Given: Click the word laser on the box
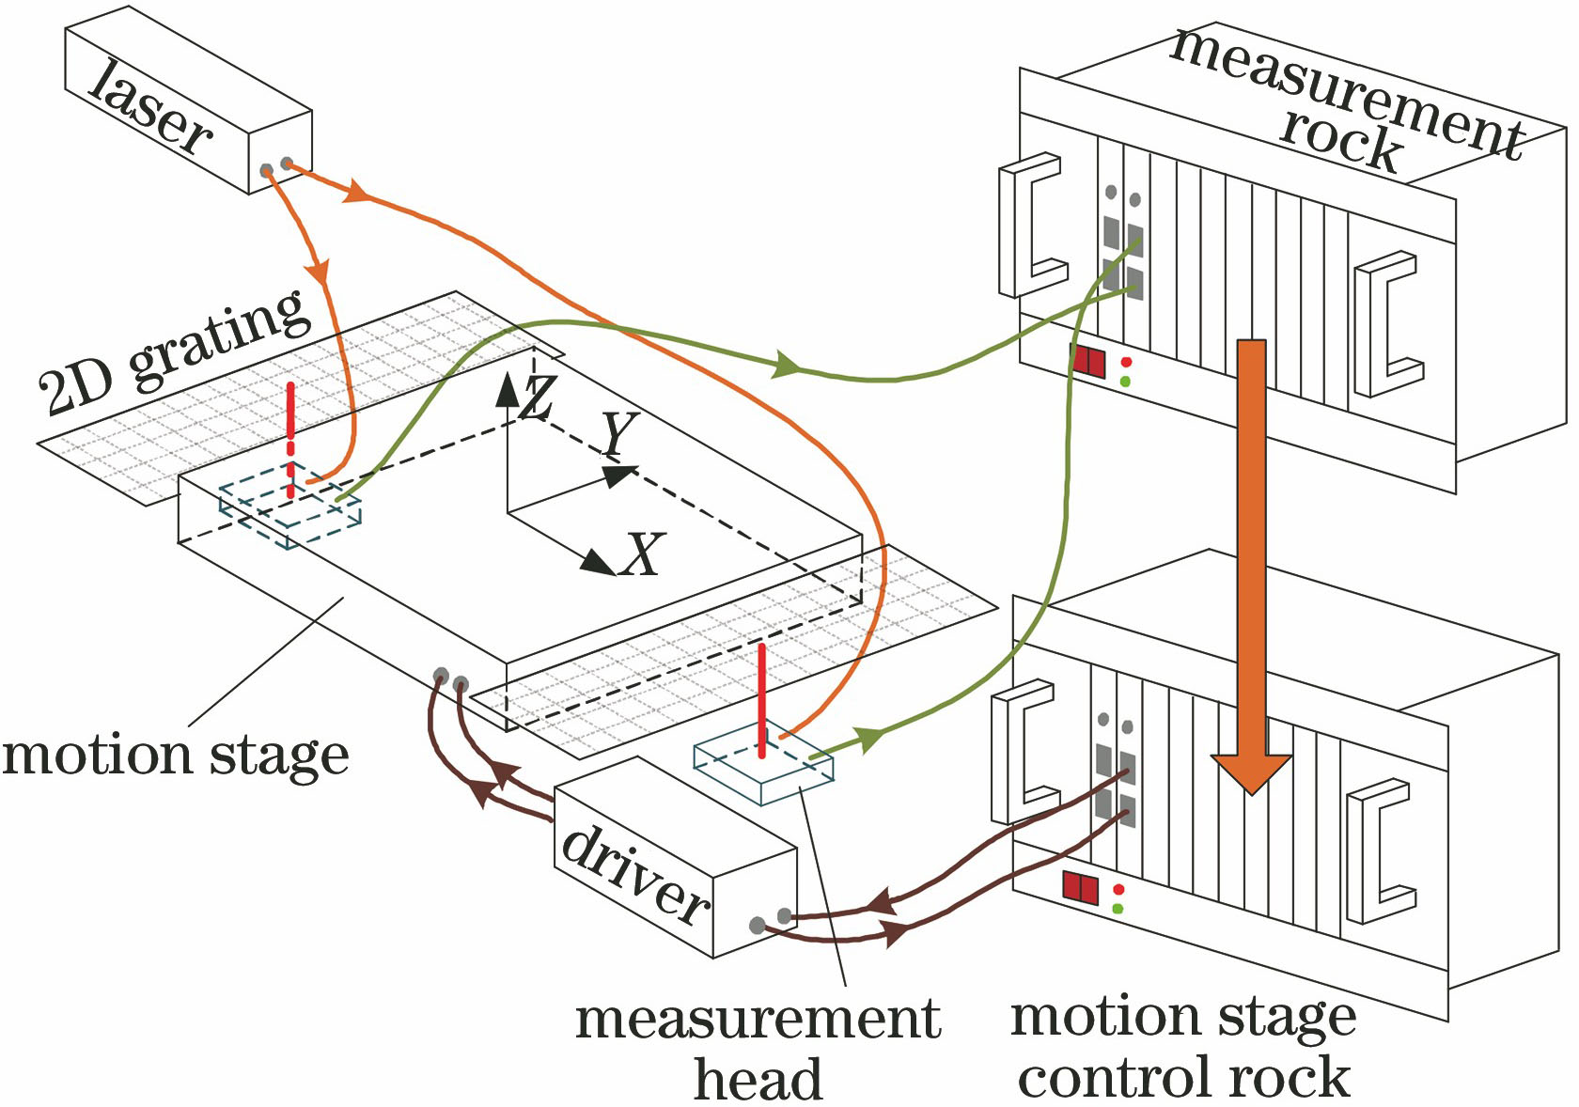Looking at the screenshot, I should (150, 106).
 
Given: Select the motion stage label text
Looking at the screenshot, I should (176, 756).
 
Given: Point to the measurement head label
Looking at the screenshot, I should (758, 1049).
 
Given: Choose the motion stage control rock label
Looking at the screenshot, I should (1184, 1047).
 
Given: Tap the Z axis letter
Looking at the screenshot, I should (537, 398).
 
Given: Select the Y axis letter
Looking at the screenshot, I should (619, 435).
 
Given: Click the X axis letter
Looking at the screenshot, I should (642, 554).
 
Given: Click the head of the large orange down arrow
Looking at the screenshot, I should (1250, 771).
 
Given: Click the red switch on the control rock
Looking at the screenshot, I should (1081, 887).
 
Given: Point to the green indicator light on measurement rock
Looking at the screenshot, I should (1125, 382).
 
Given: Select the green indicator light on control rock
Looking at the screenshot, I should (1118, 909).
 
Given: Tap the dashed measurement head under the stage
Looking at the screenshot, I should (289, 513).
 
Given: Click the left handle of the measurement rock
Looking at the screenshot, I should (1031, 226).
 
